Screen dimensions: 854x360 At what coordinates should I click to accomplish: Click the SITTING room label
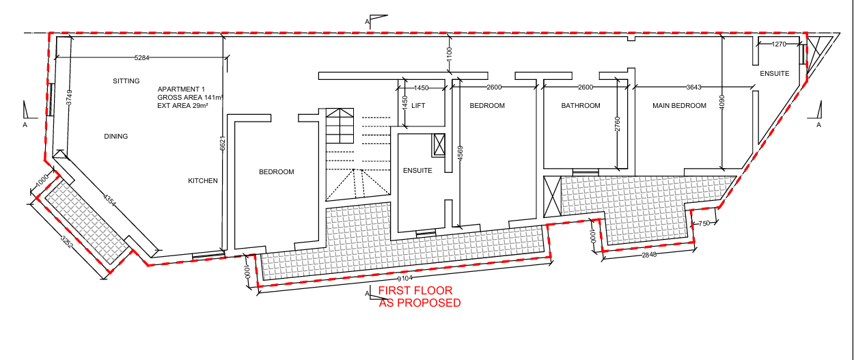click(126, 81)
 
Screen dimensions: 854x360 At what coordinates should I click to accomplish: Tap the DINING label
click(116, 136)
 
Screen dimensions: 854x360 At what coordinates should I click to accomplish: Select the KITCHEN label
click(203, 181)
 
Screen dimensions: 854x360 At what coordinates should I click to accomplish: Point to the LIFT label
click(418, 106)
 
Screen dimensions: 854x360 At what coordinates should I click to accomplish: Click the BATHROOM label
click(581, 106)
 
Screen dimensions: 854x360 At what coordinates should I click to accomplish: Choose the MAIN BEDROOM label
click(679, 106)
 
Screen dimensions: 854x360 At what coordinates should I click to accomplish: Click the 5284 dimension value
click(142, 58)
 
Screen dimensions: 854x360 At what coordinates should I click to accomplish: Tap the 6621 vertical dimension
click(223, 143)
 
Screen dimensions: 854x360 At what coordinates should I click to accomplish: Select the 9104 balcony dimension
click(405, 278)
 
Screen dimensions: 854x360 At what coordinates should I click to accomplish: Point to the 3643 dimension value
click(694, 87)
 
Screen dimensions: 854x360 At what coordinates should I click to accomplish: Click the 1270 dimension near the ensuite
click(779, 44)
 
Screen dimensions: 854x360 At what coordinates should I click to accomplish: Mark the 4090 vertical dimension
click(721, 102)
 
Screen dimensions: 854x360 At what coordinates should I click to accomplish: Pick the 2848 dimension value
click(649, 255)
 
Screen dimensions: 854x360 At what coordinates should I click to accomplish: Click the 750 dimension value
click(704, 223)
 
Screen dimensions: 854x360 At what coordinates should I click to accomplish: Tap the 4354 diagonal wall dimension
click(109, 200)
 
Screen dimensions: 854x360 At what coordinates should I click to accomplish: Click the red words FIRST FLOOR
click(415, 290)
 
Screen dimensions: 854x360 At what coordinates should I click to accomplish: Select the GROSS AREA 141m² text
click(190, 97)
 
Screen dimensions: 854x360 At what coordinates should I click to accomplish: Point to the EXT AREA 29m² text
click(182, 106)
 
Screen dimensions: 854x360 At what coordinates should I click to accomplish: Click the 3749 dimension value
click(69, 97)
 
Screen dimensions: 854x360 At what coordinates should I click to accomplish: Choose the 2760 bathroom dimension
click(618, 124)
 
